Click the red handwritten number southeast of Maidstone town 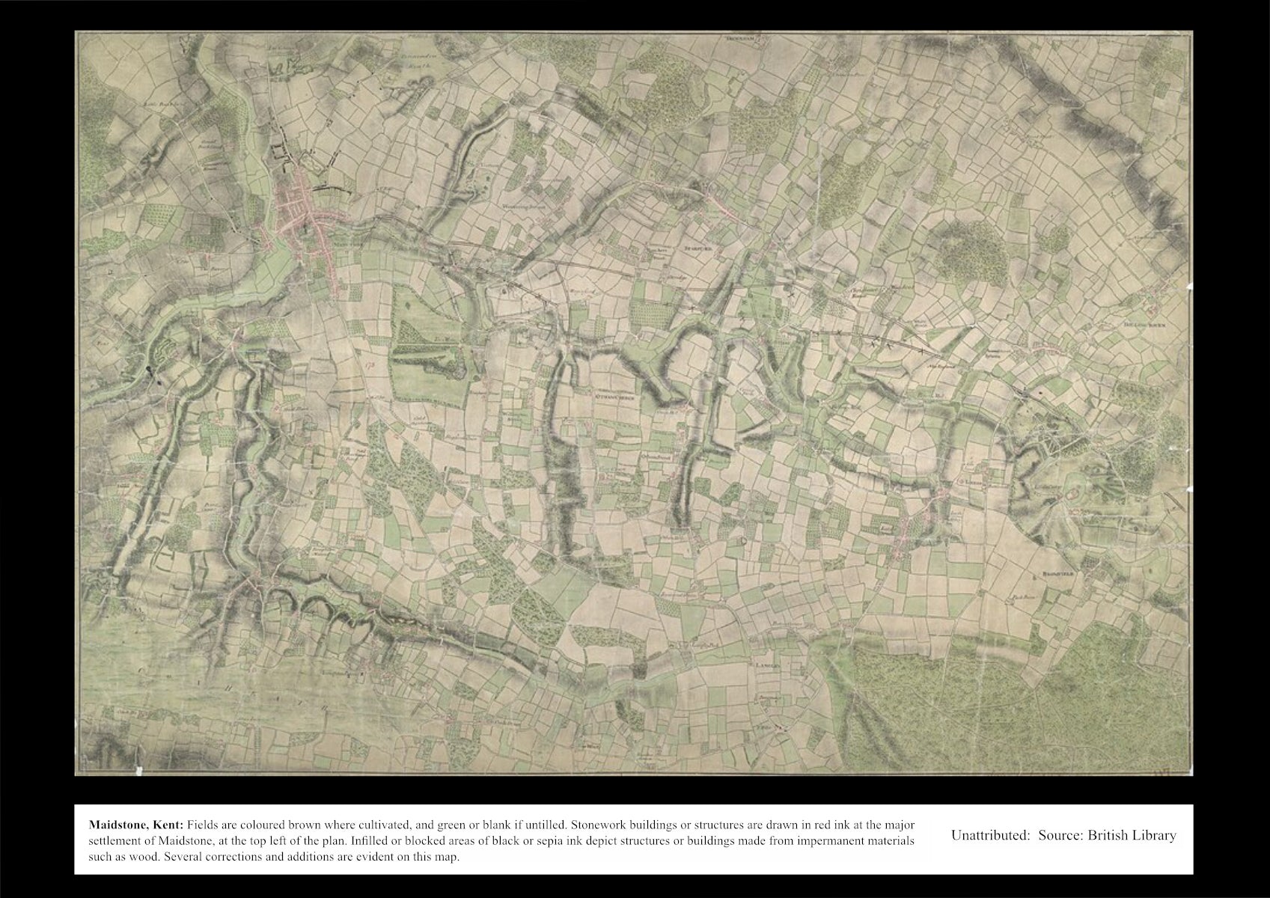click(370, 365)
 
